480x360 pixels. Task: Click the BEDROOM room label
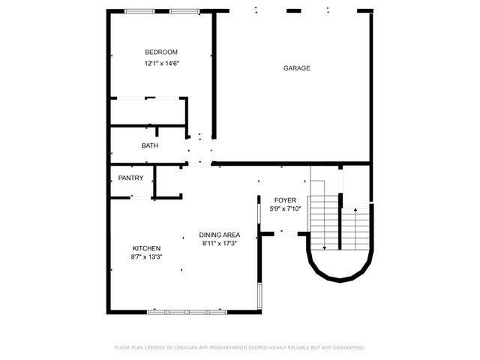click(161, 52)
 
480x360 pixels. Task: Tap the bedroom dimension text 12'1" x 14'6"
click(161, 64)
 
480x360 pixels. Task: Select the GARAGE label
click(296, 68)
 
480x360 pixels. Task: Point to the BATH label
click(150, 145)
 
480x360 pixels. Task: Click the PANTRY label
click(130, 178)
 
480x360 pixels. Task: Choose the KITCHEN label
click(146, 248)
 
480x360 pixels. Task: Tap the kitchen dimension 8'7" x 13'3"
click(147, 257)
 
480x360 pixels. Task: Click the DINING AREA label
click(220, 235)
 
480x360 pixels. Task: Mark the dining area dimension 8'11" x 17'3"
click(220, 244)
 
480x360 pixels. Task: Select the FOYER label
click(285, 200)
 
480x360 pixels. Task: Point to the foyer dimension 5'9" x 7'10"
click(285, 209)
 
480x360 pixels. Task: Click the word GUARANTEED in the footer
click(347, 348)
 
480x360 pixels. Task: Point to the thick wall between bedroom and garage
click(215, 75)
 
